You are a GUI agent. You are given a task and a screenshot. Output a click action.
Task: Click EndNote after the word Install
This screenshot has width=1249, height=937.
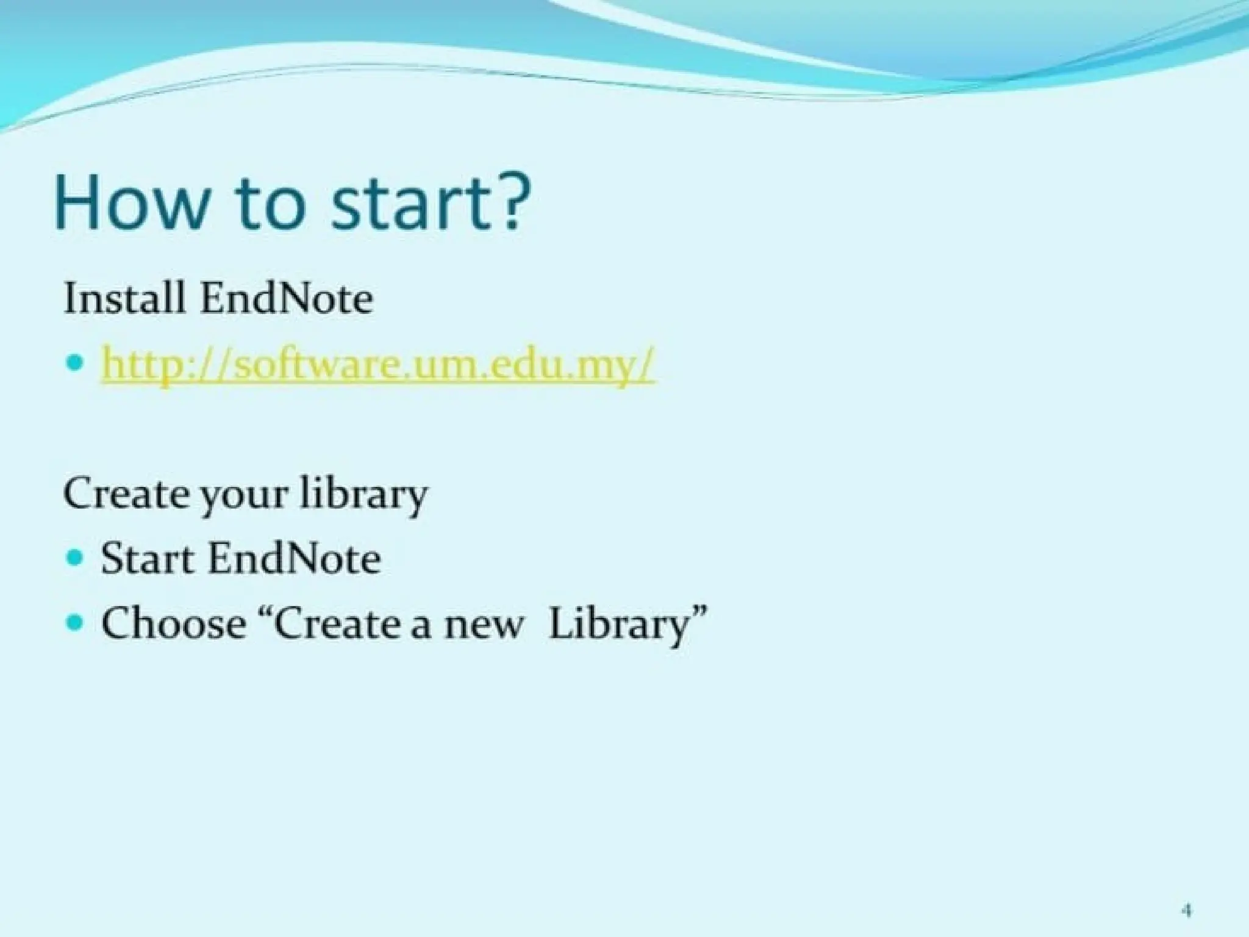[x=287, y=299]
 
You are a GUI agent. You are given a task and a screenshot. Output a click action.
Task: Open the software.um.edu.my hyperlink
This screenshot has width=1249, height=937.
[x=378, y=364]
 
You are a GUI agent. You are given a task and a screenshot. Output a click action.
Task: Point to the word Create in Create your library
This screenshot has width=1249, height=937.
[x=126, y=494]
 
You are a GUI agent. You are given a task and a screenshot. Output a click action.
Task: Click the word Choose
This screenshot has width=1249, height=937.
[x=173, y=623]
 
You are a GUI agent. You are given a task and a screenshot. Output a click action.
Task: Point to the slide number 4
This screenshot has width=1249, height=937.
[x=1187, y=895]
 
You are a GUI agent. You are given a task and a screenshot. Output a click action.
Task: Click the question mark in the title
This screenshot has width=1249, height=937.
[x=512, y=201]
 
